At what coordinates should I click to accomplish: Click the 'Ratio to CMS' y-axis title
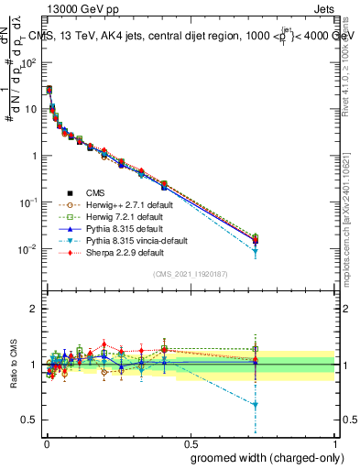[x=14, y=364]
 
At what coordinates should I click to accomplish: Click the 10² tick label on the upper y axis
[x=29, y=62]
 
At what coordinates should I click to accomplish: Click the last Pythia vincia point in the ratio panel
[x=255, y=404]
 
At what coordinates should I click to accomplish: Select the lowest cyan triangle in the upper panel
[x=255, y=251]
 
